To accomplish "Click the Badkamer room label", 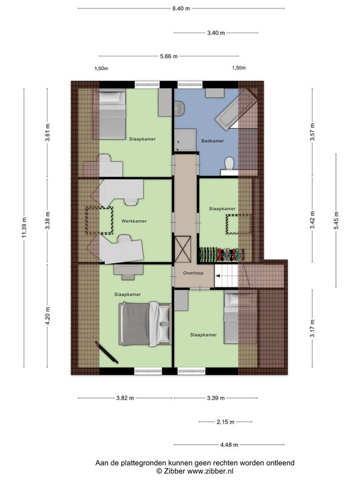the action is [x=212, y=141].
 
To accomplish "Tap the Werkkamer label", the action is [x=134, y=221].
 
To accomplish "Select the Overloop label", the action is [x=193, y=273].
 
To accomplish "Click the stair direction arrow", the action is [x=218, y=276].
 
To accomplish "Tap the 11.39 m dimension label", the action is [x=25, y=227].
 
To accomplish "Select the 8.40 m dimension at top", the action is [x=181, y=8].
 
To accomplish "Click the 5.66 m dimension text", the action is [x=169, y=56].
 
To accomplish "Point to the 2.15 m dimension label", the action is [x=226, y=422].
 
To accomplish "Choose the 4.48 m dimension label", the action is [x=229, y=445].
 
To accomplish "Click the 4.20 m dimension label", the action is [x=47, y=316].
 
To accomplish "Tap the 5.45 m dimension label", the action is [x=336, y=220].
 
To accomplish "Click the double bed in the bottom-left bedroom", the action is [x=145, y=324].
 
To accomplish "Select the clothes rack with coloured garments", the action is [x=222, y=254].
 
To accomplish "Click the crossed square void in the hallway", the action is [x=183, y=249].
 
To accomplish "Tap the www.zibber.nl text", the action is [x=210, y=471].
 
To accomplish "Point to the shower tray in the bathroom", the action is [x=185, y=140].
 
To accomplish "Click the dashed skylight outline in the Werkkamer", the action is [x=99, y=220].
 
